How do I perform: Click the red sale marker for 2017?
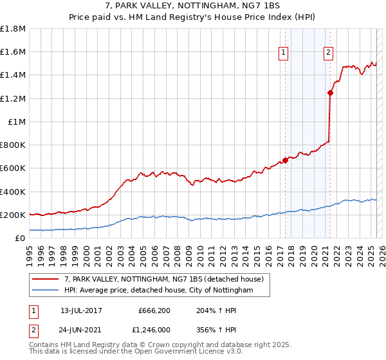click(285, 160)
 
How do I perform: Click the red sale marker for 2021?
click(330, 93)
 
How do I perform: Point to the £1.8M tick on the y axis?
click(14, 29)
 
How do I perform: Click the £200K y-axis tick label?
click(13, 215)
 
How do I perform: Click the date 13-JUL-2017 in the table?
click(81, 310)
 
